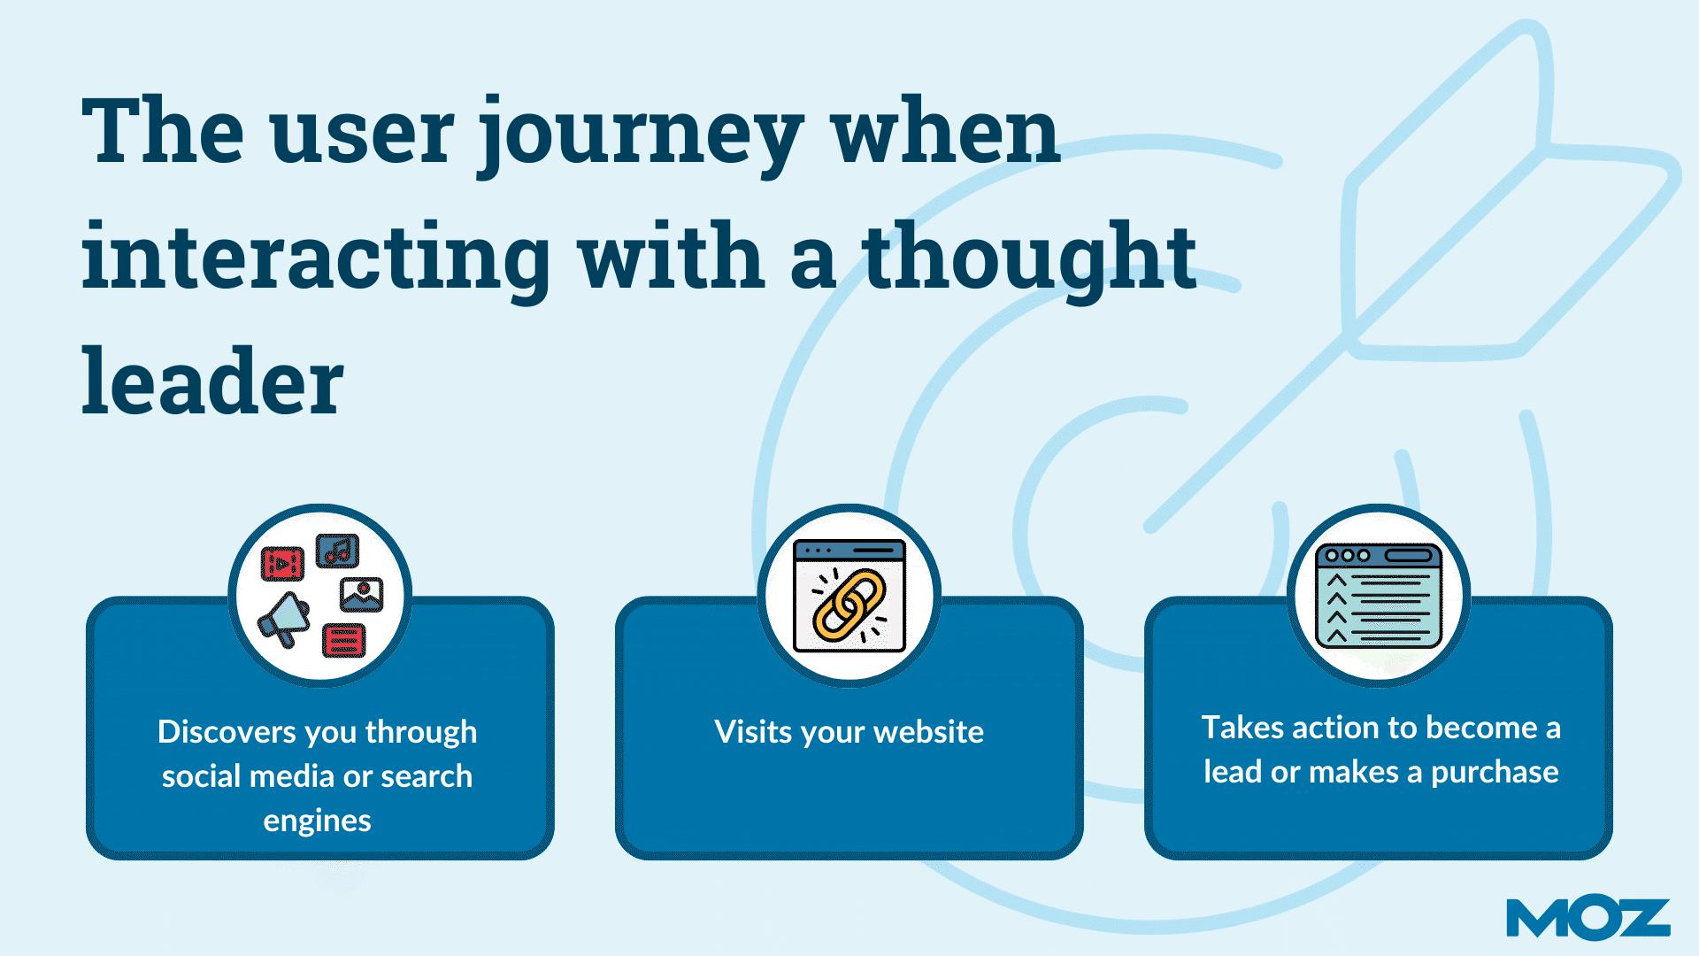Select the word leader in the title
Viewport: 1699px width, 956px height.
pos(212,382)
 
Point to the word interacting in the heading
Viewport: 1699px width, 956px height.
pos(316,258)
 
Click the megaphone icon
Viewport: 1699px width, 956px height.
pos(283,617)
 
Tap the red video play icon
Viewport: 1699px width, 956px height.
pos(282,563)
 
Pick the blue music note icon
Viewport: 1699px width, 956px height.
pos(336,551)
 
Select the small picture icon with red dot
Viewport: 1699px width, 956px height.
pos(361,594)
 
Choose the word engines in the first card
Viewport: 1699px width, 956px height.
pos(317,821)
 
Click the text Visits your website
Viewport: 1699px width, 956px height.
pos(849,732)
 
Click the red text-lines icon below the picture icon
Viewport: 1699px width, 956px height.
pos(344,639)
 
